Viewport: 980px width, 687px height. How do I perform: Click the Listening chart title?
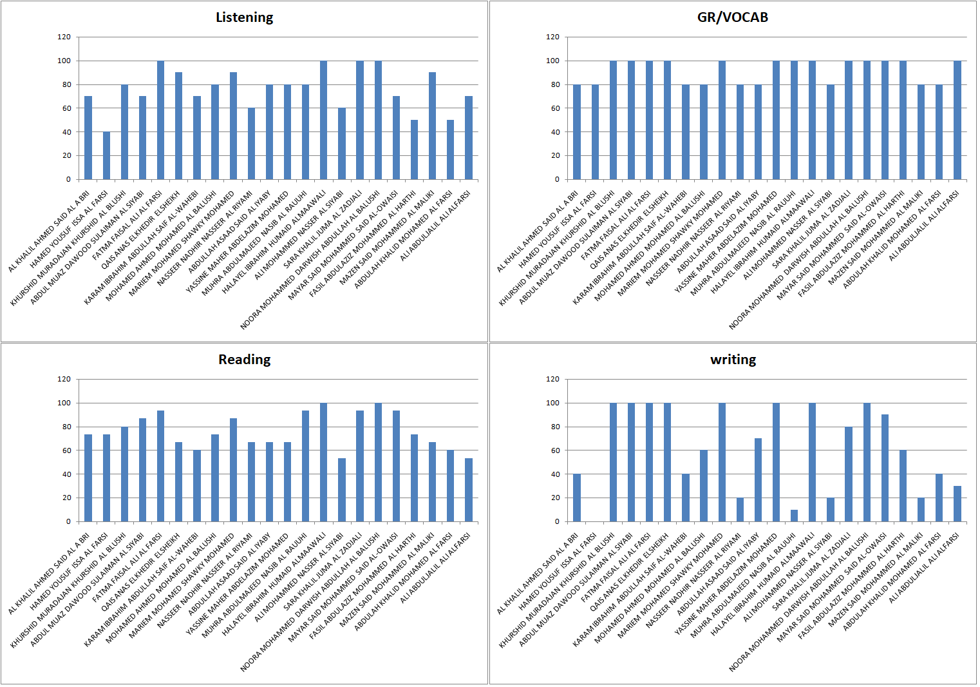pyautogui.click(x=244, y=17)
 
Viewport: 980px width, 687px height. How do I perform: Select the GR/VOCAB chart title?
pyautogui.click(x=733, y=17)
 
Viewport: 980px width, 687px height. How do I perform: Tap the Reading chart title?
pyautogui.click(x=244, y=360)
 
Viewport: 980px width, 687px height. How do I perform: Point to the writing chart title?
pyautogui.click(x=733, y=360)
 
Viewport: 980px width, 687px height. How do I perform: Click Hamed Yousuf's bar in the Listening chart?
pyautogui.click(x=106, y=155)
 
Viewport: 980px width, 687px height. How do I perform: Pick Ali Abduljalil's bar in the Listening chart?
pyautogui.click(x=469, y=138)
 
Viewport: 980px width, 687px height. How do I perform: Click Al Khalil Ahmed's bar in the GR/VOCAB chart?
pyautogui.click(x=577, y=132)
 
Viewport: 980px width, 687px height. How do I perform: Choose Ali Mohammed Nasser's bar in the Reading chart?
pyautogui.click(x=342, y=490)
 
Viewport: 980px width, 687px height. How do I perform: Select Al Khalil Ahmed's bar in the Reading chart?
pyautogui.click(x=88, y=478)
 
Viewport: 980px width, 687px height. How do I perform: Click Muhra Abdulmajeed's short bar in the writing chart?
pyautogui.click(x=794, y=516)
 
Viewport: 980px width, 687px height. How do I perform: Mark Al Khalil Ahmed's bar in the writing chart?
pyautogui.click(x=577, y=498)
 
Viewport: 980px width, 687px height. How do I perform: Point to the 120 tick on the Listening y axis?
pyautogui.click(x=64, y=37)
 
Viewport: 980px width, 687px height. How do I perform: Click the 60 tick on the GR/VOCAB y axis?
pyautogui.click(x=552, y=108)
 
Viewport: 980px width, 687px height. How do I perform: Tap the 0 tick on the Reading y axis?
pyautogui.click(x=68, y=521)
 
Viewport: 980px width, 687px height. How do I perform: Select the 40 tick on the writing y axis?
pyautogui.click(x=552, y=474)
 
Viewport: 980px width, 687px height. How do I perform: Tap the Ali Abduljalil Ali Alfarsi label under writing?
pyautogui.click(x=925, y=567)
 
